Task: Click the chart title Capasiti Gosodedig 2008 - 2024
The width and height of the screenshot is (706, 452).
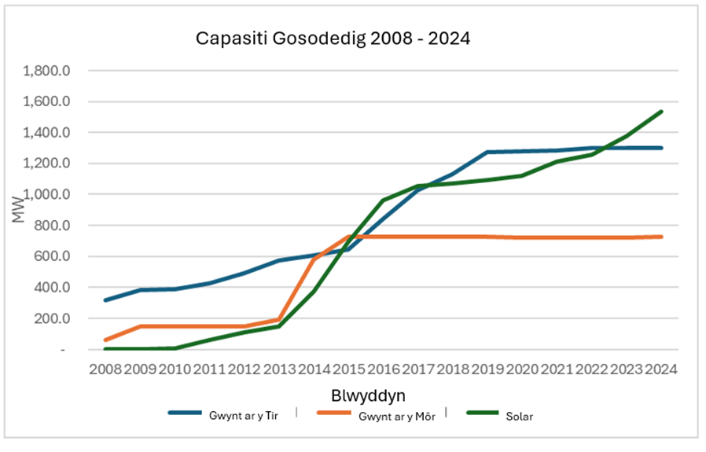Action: tap(333, 38)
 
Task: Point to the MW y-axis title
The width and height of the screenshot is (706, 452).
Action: tap(19, 211)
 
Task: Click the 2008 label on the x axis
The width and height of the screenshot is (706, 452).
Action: tap(105, 369)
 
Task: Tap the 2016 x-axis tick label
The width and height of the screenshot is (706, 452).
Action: tap(383, 369)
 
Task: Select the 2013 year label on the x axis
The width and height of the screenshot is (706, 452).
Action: tap(278, 369)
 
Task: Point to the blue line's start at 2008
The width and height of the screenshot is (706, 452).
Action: tap(105, 300)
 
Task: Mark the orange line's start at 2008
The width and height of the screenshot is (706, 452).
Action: tap(105, 340)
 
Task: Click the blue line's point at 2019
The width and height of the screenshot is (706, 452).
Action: tap(487, 153)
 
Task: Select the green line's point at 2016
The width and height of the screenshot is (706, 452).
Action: tap(383, 200)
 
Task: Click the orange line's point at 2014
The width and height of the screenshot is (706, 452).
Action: tap(314, 259)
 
